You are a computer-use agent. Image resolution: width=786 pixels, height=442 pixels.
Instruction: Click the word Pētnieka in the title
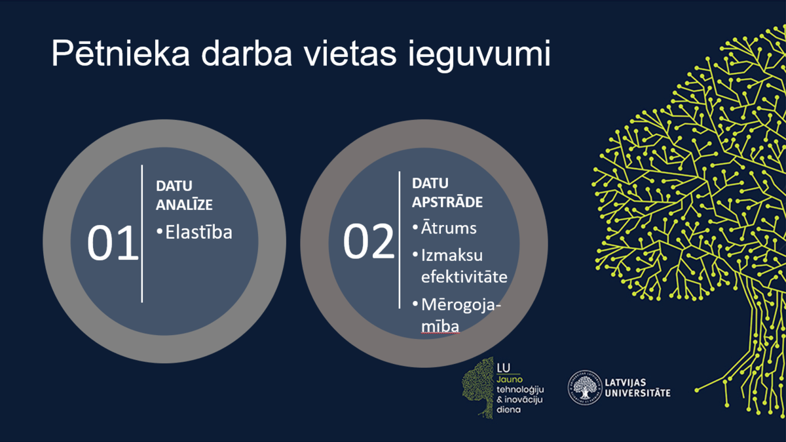point(121,53)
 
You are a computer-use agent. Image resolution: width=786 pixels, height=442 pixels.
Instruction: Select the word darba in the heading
point(247,53)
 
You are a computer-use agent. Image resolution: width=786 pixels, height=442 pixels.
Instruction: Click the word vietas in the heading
point(350,53)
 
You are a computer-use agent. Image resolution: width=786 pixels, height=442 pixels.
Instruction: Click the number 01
point(113,243)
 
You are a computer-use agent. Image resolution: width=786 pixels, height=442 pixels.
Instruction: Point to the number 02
point(368,241)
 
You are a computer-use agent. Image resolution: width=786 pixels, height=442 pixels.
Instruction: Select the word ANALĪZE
point(184,204)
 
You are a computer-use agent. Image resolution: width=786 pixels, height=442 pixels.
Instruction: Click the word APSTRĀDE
point(447,202)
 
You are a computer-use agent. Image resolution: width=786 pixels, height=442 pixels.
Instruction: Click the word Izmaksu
point(452,256)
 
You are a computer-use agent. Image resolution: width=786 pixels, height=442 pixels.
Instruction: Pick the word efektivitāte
point(464,277)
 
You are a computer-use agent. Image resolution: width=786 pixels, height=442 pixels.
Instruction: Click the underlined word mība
point(440,326)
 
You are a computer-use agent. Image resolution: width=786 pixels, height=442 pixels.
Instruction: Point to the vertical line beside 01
point(141,233)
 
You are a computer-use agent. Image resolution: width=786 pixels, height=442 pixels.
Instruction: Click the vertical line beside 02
point(400,240)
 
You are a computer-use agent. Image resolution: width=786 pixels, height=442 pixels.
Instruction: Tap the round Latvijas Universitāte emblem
point(584,388)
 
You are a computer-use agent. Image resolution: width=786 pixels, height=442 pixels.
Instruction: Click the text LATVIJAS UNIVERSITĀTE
point(637,388)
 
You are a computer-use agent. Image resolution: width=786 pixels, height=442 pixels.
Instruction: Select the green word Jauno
point(510,380)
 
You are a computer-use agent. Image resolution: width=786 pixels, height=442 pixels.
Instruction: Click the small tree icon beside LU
point(478,388)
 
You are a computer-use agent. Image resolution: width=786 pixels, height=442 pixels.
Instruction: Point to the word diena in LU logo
point(509,410)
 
